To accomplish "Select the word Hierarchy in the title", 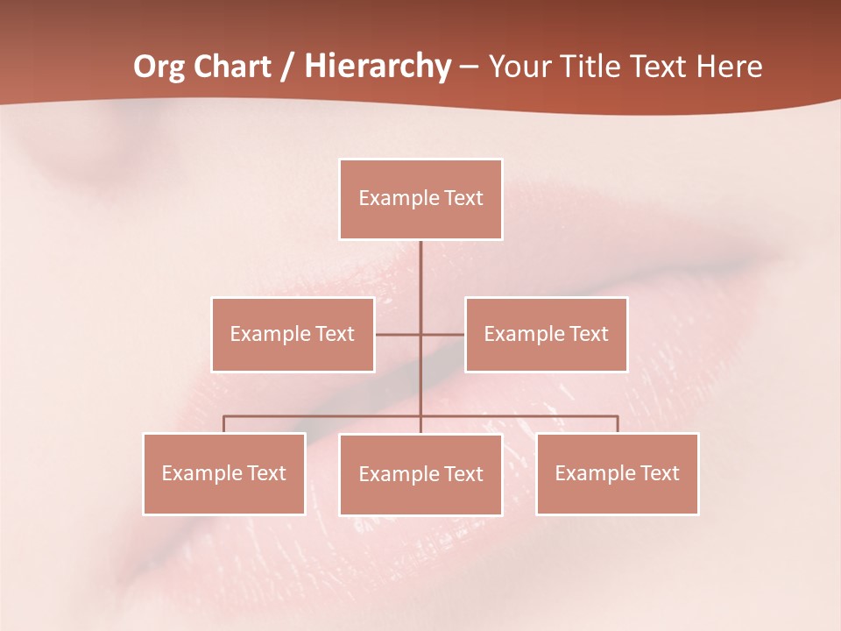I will coord(378,67).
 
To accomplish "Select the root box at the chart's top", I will coord(420,199).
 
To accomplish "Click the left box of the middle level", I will coord(293,335).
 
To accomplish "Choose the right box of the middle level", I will coord(547,335).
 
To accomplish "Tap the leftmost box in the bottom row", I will coord(224,473).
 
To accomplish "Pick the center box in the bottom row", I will coord(420,474).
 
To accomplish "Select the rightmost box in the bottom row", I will coord(618,473).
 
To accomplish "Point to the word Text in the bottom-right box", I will coord(659,473).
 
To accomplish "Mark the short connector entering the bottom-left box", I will coord(224,424).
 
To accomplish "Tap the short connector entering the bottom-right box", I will coord(618,424).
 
